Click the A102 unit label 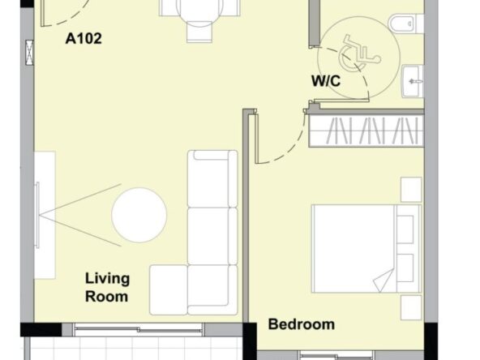84,39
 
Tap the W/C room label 326,81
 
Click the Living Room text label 107,288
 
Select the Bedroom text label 302,324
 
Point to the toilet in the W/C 406,24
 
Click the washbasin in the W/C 413,81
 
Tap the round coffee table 139,215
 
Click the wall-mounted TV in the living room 37,215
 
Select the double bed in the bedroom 366,249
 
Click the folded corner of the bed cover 383,281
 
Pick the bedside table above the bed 411,190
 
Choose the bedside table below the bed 411,307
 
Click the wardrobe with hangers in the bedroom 366,131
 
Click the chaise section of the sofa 169,290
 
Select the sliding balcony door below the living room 139,330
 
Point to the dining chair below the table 199,32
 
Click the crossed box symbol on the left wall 29,53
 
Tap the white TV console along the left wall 45,215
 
